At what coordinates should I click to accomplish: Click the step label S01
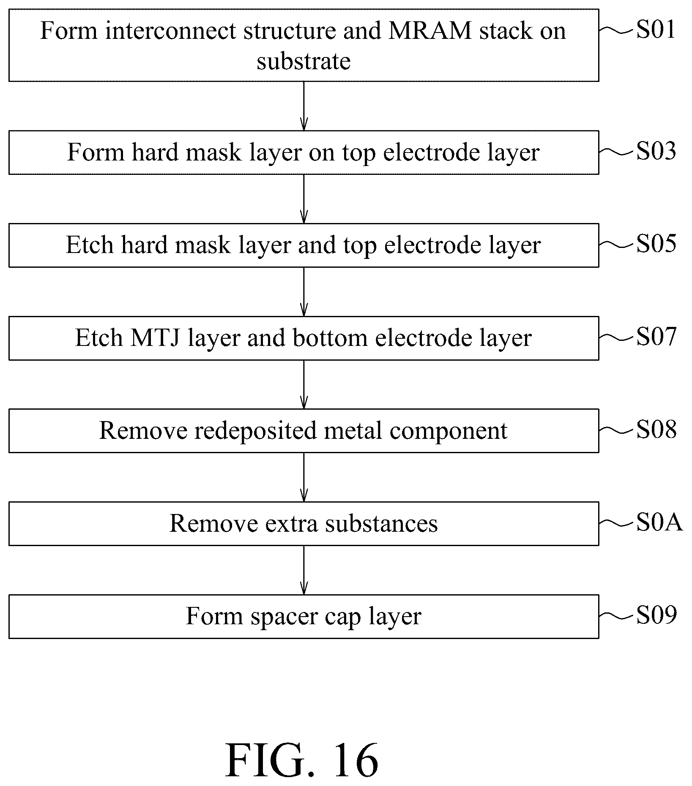point(656,30)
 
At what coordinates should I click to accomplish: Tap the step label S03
point(656,151)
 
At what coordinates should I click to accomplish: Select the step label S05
point(656,244)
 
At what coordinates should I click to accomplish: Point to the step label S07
point(656,337)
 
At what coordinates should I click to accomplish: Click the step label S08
point(656,430)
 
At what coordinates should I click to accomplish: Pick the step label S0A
point(659,523)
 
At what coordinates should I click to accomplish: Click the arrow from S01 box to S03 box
point(304,106)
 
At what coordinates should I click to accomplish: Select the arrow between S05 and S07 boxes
point(304,291)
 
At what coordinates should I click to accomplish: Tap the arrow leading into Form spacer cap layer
point(304,570)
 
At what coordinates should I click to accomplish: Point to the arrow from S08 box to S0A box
point(304,477)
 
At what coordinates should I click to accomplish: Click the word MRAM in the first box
point(429,31)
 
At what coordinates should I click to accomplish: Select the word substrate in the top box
point(304,62)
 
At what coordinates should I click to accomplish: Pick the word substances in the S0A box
point(382,524)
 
